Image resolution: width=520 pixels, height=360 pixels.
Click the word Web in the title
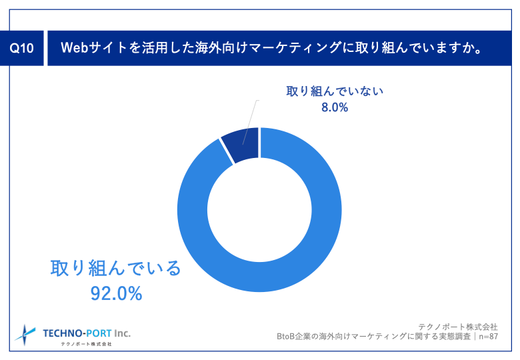(76, 49)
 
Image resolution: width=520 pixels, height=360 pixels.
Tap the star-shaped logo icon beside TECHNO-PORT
(26, 333)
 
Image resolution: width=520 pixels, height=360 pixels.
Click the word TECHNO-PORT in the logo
(77, 332)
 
